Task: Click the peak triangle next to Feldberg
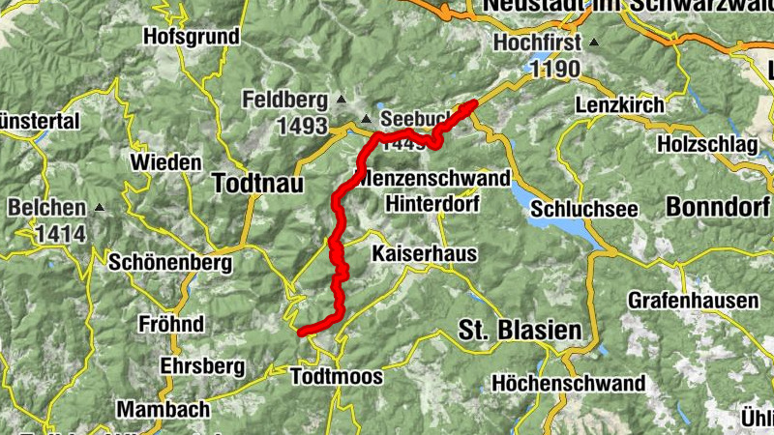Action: (x=340, y=100)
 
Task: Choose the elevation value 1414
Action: (x=62, y=233)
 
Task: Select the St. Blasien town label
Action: (x=521, y=331)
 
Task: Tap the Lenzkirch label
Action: (x=619, y=104)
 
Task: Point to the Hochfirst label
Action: (x=537, y=43)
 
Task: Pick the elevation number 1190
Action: (x=553, y=69)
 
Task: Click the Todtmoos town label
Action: (x=337, y=376)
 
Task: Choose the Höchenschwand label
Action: (x=568, y=383)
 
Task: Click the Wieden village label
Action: (x=165, y=161)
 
